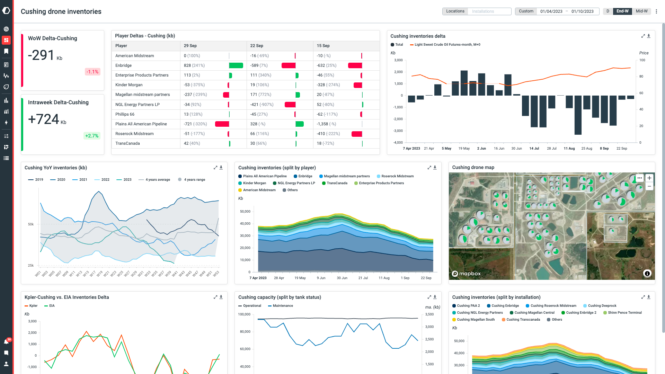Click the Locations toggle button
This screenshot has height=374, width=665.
tap(455, 11)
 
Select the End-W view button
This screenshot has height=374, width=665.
tap(622, 11)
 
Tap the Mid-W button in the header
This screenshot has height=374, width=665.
tap(641, 11)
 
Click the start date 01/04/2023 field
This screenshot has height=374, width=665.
tap(551, 11)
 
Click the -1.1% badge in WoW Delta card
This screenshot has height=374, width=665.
tap(92, 72)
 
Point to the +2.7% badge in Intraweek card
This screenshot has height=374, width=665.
tap(92, 136)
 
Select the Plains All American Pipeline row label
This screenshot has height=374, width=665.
tap(141, 124)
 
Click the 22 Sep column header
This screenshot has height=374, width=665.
tap(257, 46)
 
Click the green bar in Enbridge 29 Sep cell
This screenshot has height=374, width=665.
tap(236, 65)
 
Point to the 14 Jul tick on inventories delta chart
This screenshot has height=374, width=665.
tap(534, 149)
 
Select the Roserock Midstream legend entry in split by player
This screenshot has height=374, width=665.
tap(397, 176)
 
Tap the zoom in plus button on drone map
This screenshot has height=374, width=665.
tap(649, 178)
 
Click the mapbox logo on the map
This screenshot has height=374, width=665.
tap(466, 274)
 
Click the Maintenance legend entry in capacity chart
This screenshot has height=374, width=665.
tap(282, 306)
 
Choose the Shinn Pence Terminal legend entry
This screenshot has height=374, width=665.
tap(624, 313)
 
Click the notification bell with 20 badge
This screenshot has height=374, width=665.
tap(6, 342)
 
